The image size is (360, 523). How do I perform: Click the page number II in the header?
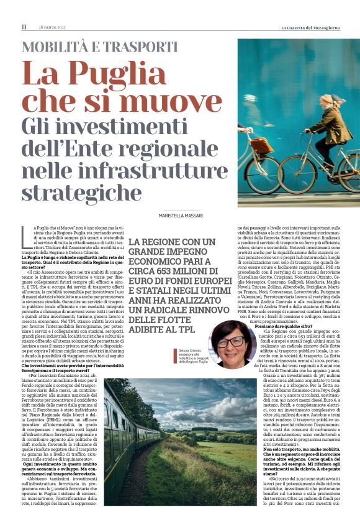point(24,27)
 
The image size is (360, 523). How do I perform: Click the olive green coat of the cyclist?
point(335,127)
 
